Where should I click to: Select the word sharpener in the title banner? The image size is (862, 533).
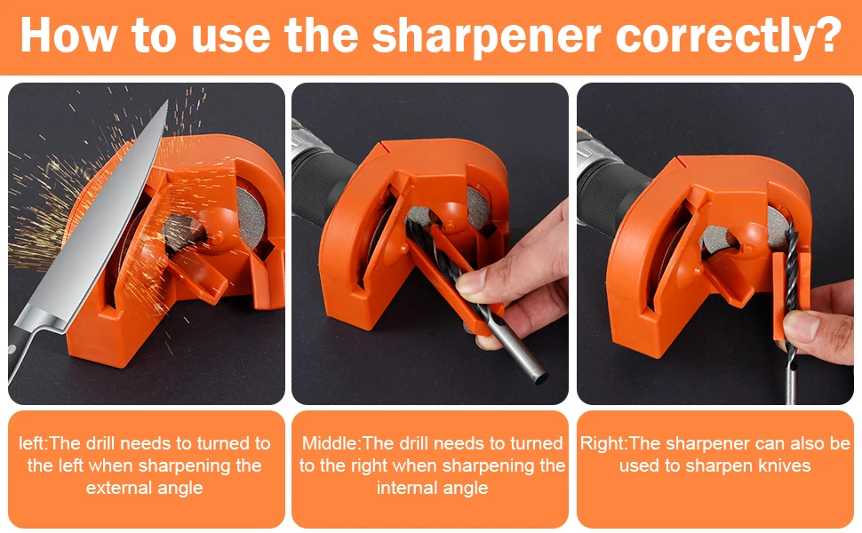476,36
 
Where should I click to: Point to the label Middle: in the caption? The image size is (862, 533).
331,442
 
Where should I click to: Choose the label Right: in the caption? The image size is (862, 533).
604,442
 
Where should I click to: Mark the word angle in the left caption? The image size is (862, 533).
180,488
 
